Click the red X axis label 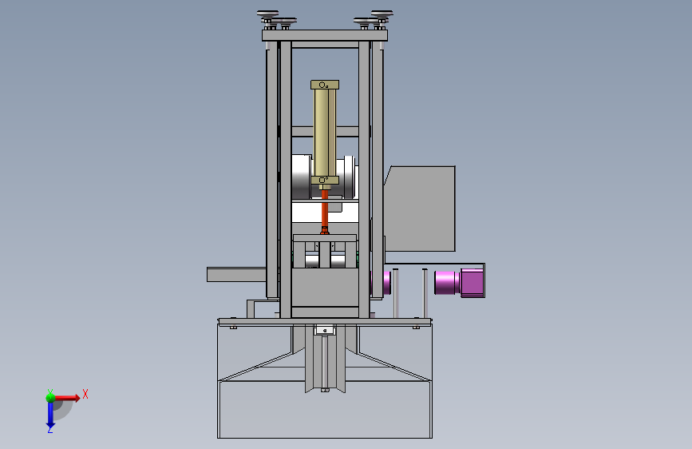pos(85,394)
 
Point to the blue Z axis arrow pos(50,415)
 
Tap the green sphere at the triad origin pos(51,397)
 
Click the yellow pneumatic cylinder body pos(325,133)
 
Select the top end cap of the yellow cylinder pos(325,85)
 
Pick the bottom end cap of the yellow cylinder pos(325,181)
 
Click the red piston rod pos(325,211)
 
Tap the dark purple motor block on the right pos(473,283)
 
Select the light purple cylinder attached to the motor pos(448,282)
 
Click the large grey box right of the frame pos(419,209)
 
